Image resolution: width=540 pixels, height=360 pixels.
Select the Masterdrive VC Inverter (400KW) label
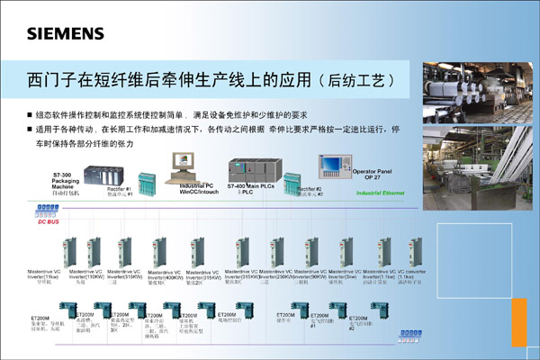click(x=162, y=274)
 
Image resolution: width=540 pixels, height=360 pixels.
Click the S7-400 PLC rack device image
click(x=249, y=168)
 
